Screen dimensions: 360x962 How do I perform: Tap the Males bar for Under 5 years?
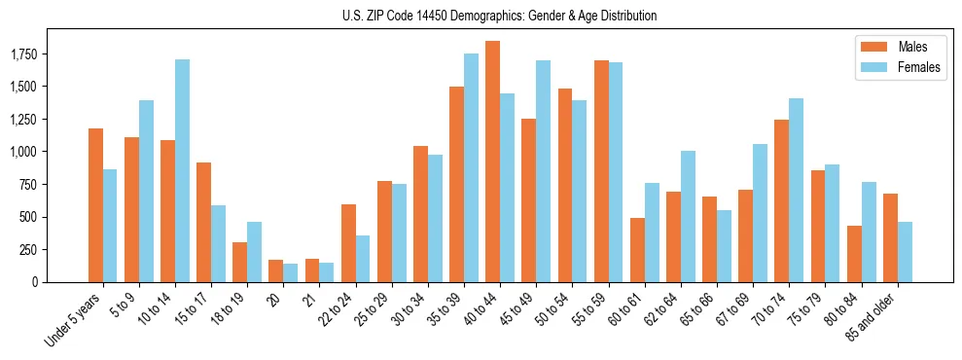click(x=95, y=205)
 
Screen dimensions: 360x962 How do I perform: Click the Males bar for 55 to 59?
click(x=601, y=171)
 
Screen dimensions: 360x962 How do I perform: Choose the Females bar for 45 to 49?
click(x=543, y=171)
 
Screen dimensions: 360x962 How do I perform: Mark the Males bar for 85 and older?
click(x=890, y=237)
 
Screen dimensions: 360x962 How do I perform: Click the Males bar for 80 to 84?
click(x=854, y=254)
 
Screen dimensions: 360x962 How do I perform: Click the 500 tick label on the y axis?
click(x=34, y=217)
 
